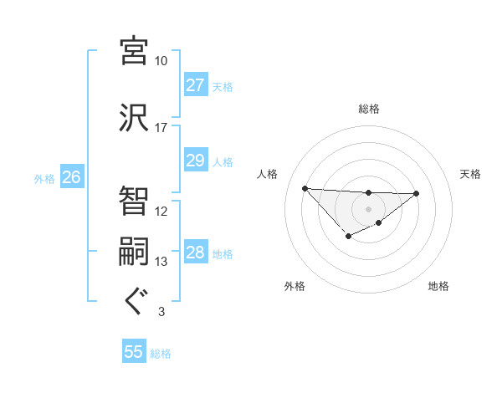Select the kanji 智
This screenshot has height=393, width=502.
point(134,201)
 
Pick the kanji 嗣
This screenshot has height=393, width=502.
point(134,253)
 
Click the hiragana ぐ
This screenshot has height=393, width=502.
point(134,302)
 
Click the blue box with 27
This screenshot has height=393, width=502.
point(195,85)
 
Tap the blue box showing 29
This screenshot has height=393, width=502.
point(195,161)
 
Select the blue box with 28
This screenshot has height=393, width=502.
point(195,253)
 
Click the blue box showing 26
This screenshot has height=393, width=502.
point(71,176)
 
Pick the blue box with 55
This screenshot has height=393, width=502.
point(134,352)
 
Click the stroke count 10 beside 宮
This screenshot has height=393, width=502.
point(161,61)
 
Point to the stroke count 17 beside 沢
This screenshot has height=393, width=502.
point(161,128)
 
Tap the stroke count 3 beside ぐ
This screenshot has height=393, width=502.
point(161,312)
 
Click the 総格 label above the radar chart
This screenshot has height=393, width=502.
point(368,109)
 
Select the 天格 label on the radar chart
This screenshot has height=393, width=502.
point(470,174)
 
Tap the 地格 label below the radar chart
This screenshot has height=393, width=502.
point(438,286)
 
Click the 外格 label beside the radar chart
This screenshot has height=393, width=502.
point(295,286)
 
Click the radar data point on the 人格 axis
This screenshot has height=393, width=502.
point(305,187)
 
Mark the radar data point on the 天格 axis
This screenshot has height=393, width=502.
point(417,193)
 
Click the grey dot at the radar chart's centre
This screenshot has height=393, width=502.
point(368,208)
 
